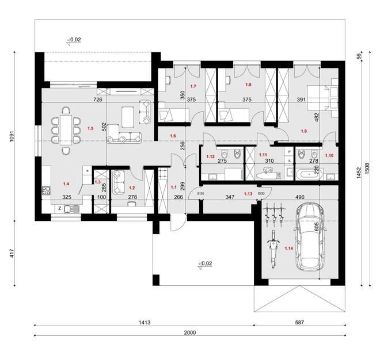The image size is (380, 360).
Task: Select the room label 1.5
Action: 89,128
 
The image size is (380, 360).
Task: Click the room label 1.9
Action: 304,131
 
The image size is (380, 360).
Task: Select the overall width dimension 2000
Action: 190,332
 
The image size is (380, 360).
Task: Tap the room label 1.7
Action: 193,87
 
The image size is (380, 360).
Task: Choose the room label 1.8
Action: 249,85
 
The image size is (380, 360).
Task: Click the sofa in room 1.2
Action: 120,181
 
